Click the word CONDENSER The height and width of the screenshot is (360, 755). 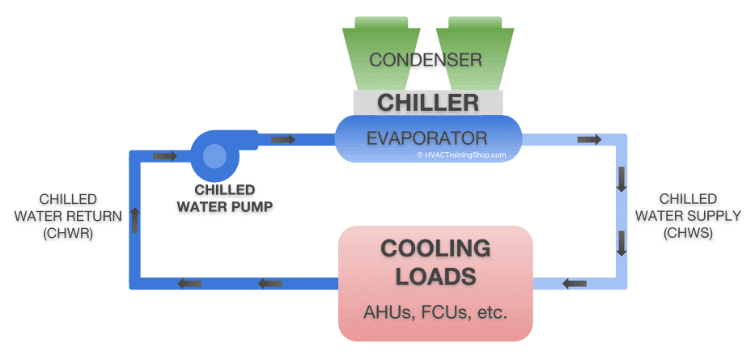(426, 60)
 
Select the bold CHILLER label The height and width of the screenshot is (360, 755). (428, 103)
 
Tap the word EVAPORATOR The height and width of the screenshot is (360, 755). (426, 137)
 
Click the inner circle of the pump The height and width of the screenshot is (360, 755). (215, 155)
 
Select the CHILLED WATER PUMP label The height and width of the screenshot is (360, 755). (224, 197)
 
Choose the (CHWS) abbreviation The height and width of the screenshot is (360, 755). (688, 233)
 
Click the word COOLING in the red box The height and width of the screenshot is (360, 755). (435, 248)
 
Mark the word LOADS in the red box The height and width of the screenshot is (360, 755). (435, 277)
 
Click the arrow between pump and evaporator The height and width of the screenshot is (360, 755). (282, 140)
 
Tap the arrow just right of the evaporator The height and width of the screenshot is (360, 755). (589, 140)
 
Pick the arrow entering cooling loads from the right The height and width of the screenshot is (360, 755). (575, 284)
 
